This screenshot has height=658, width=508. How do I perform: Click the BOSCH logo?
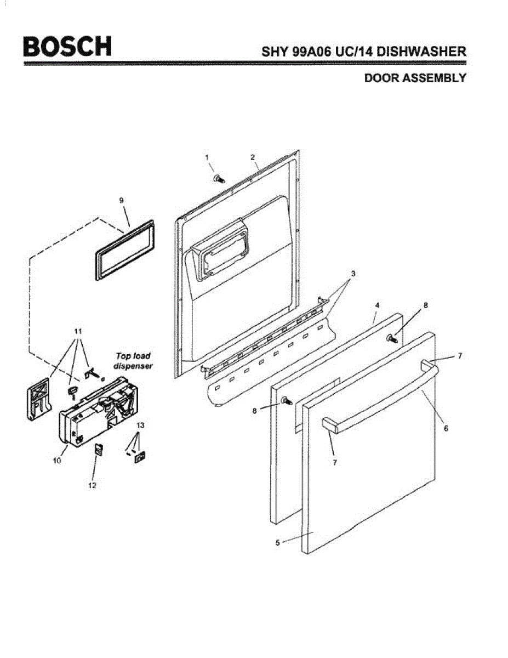pos(67,46)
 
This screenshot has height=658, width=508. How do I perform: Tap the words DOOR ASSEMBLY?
pos(415,78)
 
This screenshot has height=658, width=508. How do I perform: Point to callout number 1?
pos(207,157)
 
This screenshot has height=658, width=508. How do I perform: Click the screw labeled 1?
pos(219,178)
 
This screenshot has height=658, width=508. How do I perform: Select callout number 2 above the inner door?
pos(253,157)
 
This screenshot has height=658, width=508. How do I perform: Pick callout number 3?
pos(353,273)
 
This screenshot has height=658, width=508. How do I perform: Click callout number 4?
pos(377,304)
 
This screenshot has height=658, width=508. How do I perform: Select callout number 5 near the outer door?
pos(278,542)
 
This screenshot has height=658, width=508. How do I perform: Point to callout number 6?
pos(446,428)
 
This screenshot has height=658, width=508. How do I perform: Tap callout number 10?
pos(57,461)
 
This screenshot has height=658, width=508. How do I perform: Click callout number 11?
pos(77,331)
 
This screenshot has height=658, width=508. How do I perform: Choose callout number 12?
pos(92,486)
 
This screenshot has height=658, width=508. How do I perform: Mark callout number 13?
pos(141,426)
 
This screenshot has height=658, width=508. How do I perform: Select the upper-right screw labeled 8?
pos(392,338)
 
